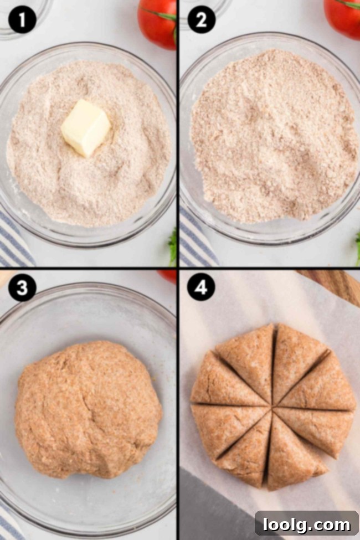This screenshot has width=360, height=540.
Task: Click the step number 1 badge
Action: click(22, 20)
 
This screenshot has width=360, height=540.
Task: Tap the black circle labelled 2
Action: click(202, 20)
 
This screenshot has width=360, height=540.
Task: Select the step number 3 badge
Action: click(22, 288)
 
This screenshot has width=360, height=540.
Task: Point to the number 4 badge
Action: click(202, 288)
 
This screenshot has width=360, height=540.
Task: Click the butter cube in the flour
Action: click(85, 127)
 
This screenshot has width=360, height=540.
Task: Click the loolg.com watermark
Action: click(306, 523)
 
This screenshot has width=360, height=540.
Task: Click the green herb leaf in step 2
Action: click(357, 244)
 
